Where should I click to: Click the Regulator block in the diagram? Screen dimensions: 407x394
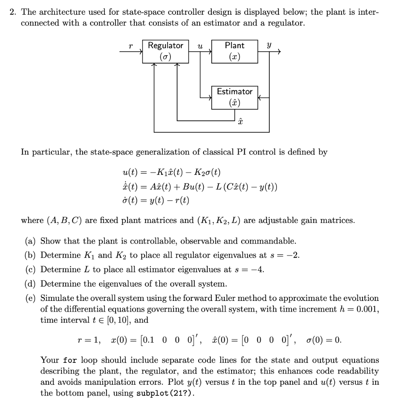pyautogui.click(x=165, y=51)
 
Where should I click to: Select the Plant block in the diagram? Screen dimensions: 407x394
pyautogui.click(x=234, y=51)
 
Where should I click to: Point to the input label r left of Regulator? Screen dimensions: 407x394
pyautogui.click(x=131, y=46)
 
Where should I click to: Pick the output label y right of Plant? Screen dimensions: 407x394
pyautogui.click(x=269, y=46)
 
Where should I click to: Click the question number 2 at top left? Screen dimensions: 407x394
pyautogui.click(x=13, y=12)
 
